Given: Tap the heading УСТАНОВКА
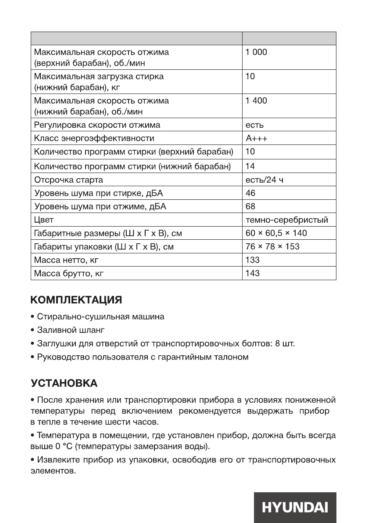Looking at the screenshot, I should pos(64,383).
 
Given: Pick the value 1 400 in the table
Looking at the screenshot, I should pos(256,101).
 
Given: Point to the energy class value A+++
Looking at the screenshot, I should pos(257,138).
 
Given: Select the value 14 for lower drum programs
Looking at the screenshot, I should pos(250,166).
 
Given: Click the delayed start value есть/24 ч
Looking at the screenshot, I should pos(265,180).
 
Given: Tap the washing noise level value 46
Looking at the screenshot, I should pos(250,193).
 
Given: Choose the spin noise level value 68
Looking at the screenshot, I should pos(250,206).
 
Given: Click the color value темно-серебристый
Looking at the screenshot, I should pos(287,220).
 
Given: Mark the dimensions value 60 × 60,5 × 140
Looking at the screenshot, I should pos(276,233).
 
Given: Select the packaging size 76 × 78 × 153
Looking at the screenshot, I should pos(272,246).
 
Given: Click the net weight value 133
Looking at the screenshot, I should pos(253,260).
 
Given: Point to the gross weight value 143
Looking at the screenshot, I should pos(253,273).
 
